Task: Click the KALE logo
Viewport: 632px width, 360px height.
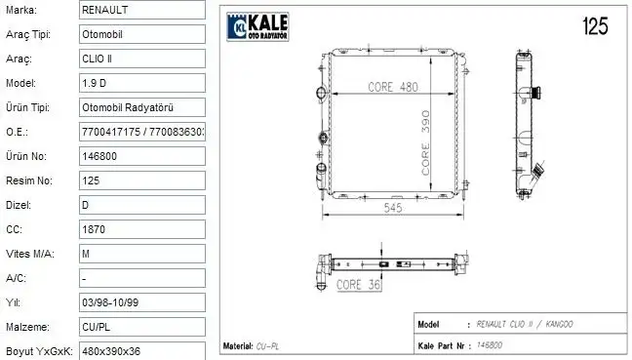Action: [x=261, y=27]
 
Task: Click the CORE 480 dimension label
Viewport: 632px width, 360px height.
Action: [x=392, y=87]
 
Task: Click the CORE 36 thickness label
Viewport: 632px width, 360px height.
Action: [x=358, y=286]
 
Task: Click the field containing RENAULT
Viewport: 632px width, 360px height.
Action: [x=141, y=9]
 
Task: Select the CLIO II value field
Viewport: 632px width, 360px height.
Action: [x=141, y=58]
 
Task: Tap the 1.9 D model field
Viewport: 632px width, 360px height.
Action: [x=141, y=82]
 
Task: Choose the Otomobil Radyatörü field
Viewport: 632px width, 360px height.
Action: [x=141, y=106]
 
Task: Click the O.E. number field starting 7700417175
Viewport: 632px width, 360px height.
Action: [x=141, y=131]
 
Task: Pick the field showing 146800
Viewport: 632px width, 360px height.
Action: [x=141, y=155]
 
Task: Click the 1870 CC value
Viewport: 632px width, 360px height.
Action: [x=141, y=228]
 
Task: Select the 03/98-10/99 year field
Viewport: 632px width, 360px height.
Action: [x=141, y=302]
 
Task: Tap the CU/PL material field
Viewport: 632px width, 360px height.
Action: [x=141, y=327]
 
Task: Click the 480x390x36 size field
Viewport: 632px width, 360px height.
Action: [x=141, y=350]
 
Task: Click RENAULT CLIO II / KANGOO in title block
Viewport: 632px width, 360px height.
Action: [x=526, y=324]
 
